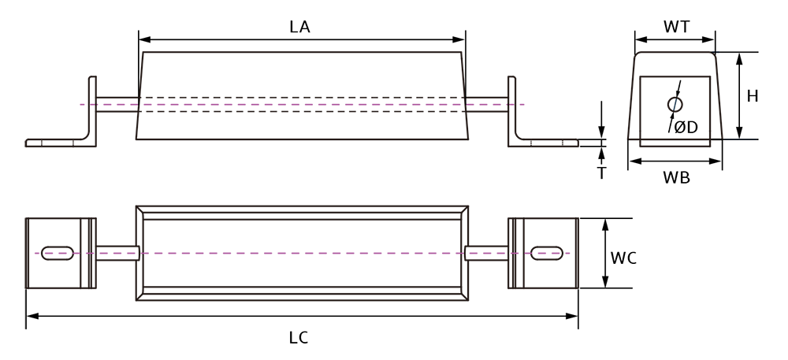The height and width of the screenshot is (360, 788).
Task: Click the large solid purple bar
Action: (x=303, y=253)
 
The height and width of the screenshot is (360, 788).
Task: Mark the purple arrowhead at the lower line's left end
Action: (x=35, y=253)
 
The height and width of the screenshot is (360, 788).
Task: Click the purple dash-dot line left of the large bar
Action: (x=95, y=253)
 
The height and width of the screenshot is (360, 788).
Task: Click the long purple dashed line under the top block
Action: (x=303, y=104)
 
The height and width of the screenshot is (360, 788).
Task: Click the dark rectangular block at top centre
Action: (x=303, y=71)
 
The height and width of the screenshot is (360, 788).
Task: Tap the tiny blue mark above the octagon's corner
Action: (x=716, y=54)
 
